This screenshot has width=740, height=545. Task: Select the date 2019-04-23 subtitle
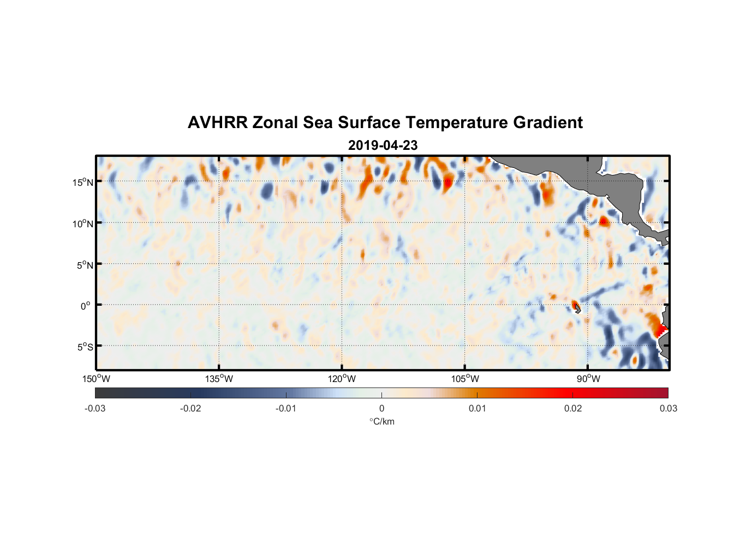(x=383, y=146)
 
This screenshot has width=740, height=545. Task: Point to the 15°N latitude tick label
(x=83, y=182)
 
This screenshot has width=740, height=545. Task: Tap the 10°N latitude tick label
(x=83, y=223)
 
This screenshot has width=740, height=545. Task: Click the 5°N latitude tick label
(x=85, y=265)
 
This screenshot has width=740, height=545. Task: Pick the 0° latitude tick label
(x=86, y=306)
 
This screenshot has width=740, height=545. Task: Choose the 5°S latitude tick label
(x=85, y=347)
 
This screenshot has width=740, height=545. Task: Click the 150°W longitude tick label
(x=96, y=379)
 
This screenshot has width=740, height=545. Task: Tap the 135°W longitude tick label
(x=219, y=379)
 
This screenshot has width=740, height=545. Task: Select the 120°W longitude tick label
(x=342, y=379)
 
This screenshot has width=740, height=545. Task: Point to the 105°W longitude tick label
(x=465, y=379)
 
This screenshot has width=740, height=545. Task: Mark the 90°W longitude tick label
(x=588, y=379)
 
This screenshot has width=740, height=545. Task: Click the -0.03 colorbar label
(x=95, y=408)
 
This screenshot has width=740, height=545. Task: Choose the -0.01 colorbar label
(x=286, y=408)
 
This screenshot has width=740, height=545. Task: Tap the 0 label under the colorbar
(x=381, y=408)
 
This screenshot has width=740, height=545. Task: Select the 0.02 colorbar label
(x=573, y=408)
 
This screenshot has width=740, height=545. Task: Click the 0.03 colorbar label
(x=668, y=408)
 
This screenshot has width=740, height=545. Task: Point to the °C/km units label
(x=381, y=421)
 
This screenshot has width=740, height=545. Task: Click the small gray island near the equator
(x=577, y=309)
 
